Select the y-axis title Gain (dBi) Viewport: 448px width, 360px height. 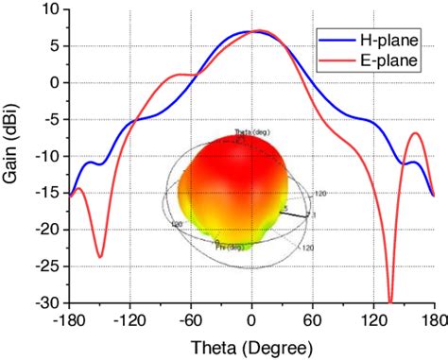(13, 156)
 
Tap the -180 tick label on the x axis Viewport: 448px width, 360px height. (68, 319)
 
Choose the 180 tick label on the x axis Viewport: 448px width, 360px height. (434, 319)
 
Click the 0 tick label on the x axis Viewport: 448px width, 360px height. (251, 319)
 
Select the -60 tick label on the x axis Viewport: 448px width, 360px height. (189, 319)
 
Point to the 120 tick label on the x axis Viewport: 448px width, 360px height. (373, 319)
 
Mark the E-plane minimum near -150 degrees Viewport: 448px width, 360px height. (100, 256)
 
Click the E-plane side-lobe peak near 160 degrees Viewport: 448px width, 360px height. (415, 133)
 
